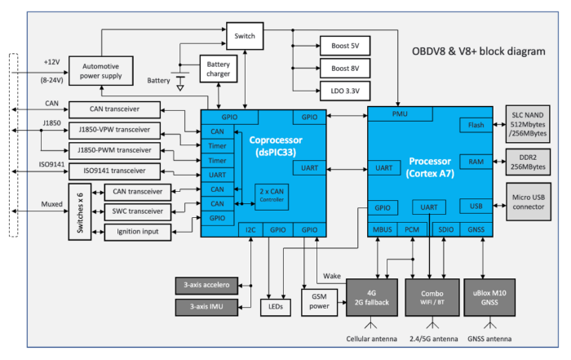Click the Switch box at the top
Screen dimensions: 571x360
tap(245, 36)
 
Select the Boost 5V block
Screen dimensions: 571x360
tap(345, 46)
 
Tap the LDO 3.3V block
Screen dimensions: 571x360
tap(345, 91)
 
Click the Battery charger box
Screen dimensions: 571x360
tap(219, 69)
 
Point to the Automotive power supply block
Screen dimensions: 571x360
tap(101, 71)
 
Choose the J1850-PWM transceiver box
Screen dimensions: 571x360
tap(114, 150)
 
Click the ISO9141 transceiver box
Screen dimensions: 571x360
tap(114, 171)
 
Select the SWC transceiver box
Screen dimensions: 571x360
tap(138, 211)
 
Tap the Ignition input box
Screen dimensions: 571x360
tap(138, 232)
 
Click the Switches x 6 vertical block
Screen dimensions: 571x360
tap(80, 212)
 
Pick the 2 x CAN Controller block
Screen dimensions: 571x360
tap(272, 197)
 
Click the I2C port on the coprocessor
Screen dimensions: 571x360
tap(250, 230)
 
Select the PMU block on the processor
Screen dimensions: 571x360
tap(400, 114)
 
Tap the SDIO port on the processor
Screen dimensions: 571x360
tap(445, 229)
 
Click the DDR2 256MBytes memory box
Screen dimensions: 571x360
tap(528, 162)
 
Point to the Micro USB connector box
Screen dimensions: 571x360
tap(529, 202)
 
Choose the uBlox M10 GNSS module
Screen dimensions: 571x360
tap(489, 298)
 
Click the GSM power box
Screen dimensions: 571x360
tap(320, 302)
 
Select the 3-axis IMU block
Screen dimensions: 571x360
tap(206, 307)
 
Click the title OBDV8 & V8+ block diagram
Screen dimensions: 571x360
tap(479, 51)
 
